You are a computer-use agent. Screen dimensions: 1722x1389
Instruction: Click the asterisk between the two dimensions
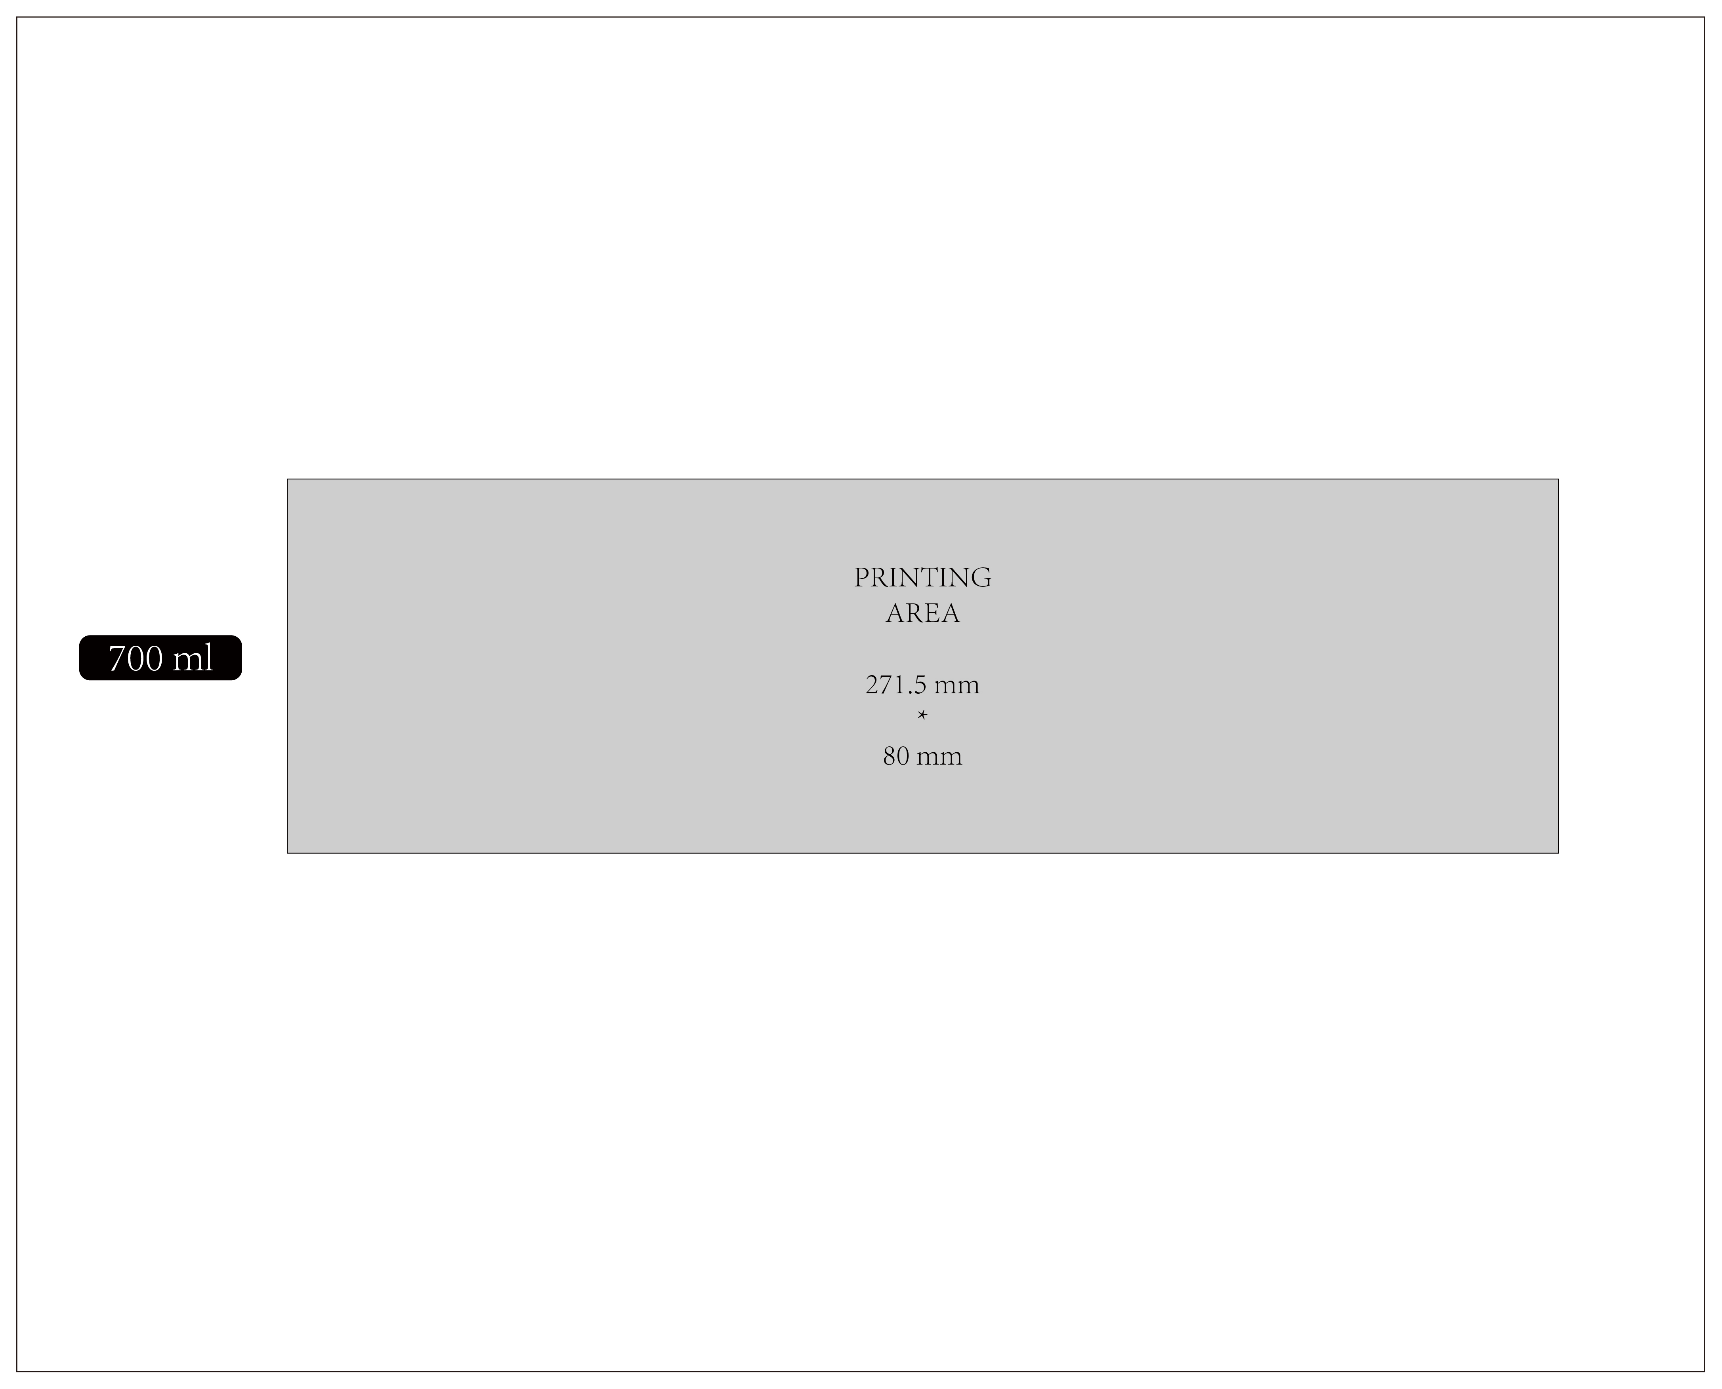[922, 715]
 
